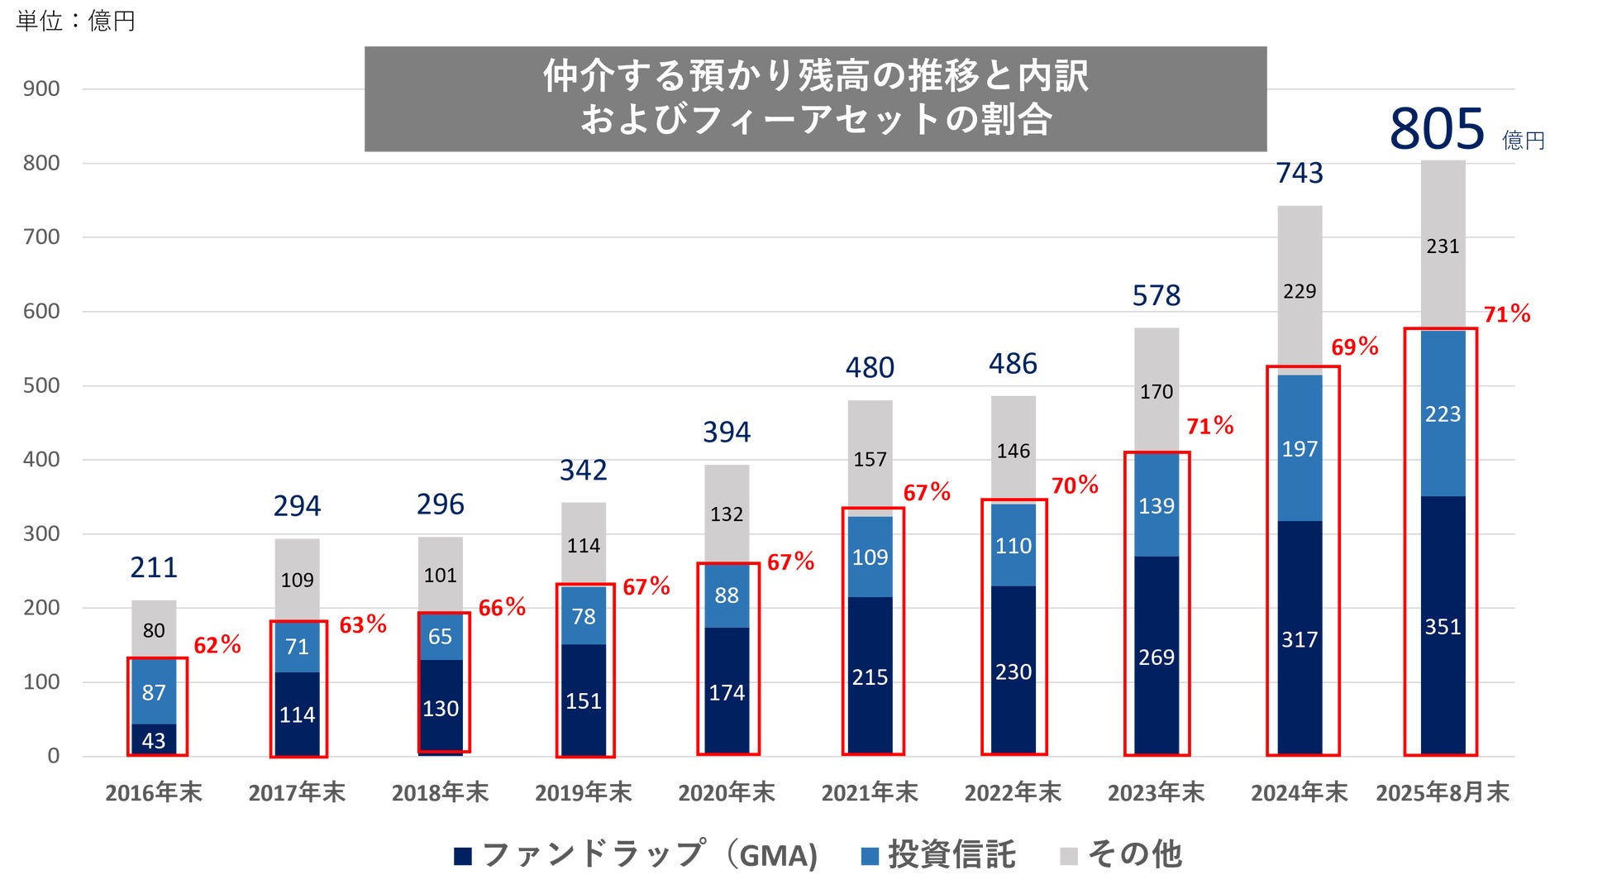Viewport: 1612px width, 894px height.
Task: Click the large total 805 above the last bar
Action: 1437,129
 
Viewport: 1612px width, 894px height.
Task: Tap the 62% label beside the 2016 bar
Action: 217,645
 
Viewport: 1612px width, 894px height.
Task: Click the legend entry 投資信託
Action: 938,855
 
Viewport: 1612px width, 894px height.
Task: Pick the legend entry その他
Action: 1122,855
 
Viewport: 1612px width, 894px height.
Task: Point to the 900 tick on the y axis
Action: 41,89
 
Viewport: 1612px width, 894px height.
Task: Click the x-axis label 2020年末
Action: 727,793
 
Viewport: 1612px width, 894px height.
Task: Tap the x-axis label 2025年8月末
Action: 1443,793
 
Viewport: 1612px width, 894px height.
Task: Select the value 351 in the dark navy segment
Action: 1443,627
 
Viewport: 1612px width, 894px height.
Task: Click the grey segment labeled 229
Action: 1300,291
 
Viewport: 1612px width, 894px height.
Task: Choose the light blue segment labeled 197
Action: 1300,449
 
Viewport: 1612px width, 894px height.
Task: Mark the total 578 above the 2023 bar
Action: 1157,295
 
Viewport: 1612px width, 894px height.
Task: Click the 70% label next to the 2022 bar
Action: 1075,485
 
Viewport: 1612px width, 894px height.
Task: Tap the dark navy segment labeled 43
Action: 154,741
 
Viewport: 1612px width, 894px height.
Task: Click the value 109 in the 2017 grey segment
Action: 297,581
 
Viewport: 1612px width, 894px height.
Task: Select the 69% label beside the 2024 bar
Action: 1354,347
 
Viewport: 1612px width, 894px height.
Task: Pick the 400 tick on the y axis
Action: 41,460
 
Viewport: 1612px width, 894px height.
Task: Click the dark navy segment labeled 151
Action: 584,701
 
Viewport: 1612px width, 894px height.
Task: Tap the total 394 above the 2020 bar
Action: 727,432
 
